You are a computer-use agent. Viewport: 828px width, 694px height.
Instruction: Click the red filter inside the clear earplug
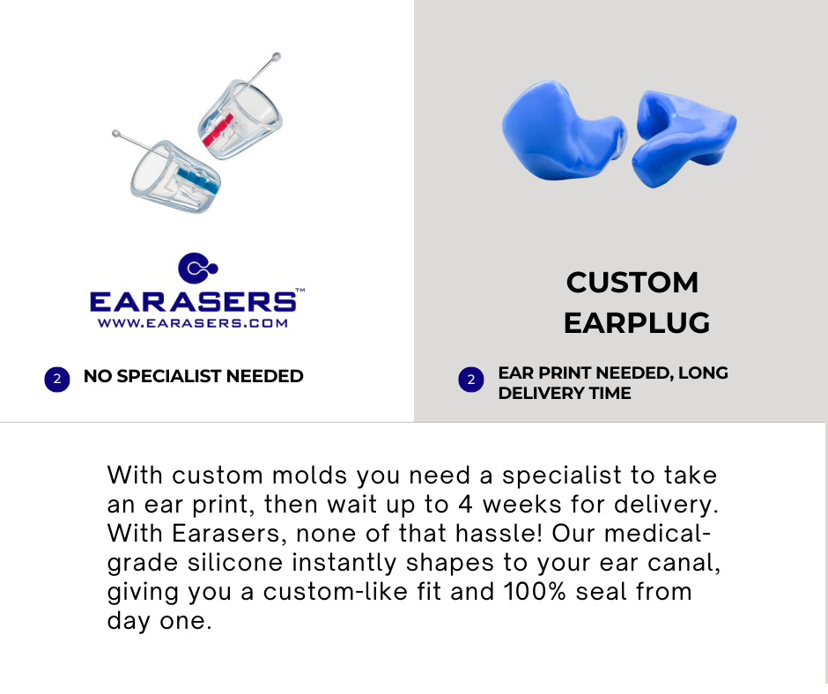[218, 130]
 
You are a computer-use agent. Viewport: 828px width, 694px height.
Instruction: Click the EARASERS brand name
[193, 301]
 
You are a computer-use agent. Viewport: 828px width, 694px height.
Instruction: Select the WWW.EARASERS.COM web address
[193, 323]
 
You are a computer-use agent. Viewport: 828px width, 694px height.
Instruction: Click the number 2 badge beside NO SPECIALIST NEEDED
[57, 380]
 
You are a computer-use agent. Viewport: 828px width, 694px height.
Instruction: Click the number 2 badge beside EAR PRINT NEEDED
[471, 380]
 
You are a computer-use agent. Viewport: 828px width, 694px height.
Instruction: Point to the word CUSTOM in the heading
[632, 283]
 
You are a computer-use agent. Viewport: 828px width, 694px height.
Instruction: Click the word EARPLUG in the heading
[637, 323]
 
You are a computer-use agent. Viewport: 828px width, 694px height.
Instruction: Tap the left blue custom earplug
[563, 131]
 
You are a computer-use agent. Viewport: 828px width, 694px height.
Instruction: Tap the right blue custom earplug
[685, 137]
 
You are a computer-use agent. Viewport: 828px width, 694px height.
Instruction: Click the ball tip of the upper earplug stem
[277, 56]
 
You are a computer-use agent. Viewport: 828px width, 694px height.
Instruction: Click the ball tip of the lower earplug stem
[115, 134]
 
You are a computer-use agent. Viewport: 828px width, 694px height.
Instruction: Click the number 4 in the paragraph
[465, 505]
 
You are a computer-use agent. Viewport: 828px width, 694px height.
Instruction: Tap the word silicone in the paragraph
[235, 563]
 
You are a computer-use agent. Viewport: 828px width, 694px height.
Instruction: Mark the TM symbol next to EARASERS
[300, 290]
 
